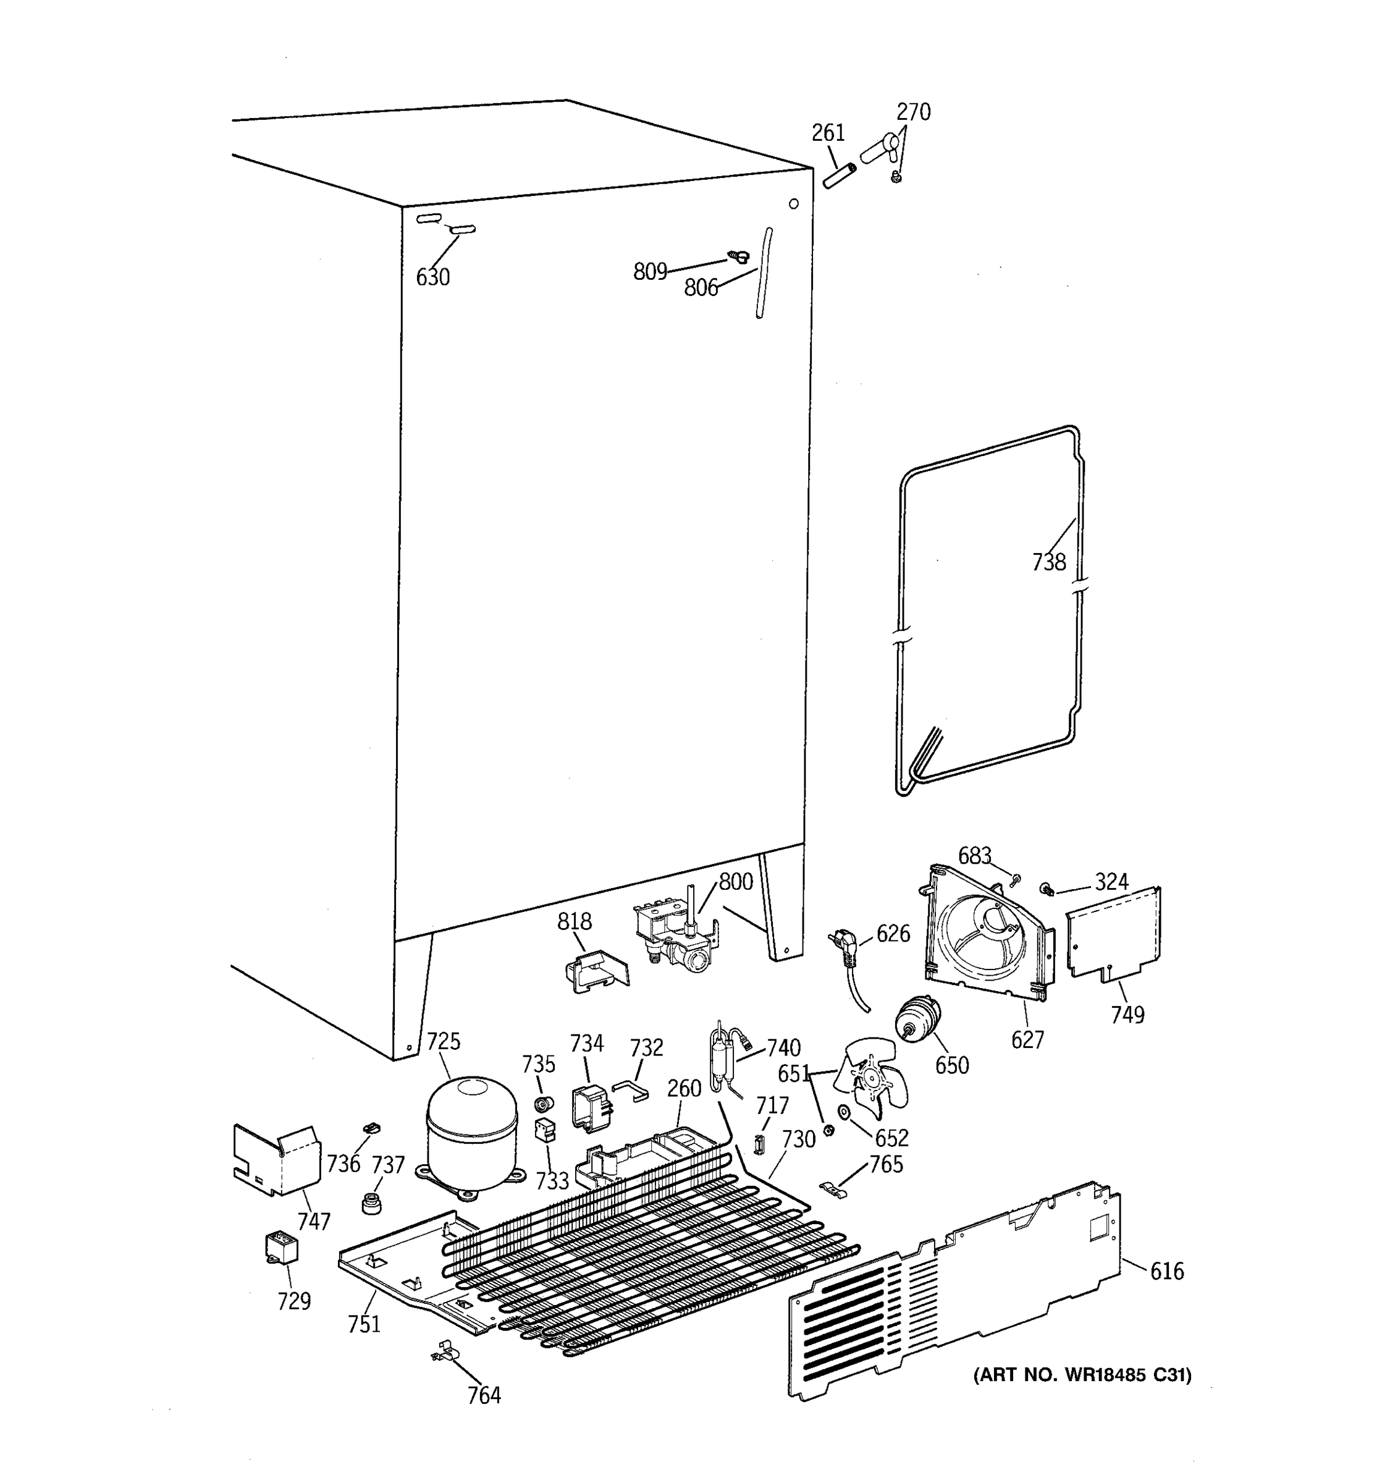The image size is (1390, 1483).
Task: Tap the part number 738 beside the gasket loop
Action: [x=1048, y=562]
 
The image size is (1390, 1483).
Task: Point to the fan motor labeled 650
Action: [x=917, y=1021]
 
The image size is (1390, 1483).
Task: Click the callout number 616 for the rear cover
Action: [x=1166, y=1271]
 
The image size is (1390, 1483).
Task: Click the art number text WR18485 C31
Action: [x=1082, y=1375]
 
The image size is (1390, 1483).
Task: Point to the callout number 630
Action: [x=432, y=277]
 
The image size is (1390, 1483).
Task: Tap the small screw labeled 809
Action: [x=738, y=256]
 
